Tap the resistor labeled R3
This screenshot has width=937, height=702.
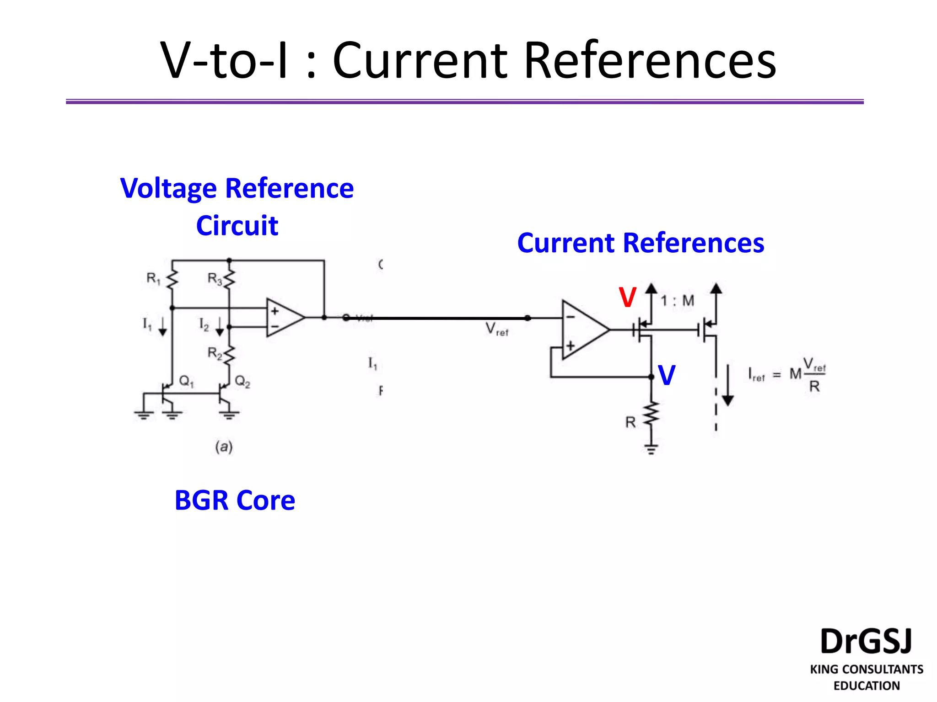229,278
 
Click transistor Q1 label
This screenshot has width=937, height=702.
186,381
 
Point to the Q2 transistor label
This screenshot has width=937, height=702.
242,381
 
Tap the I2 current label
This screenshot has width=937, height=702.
204,325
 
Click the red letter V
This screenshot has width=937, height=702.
627,298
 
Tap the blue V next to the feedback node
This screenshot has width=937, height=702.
667,376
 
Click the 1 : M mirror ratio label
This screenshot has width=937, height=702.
677,301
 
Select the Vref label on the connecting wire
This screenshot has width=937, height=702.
496,329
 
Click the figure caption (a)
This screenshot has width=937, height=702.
224,447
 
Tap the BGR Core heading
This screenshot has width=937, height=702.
235,500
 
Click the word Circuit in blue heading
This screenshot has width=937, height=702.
237,226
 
